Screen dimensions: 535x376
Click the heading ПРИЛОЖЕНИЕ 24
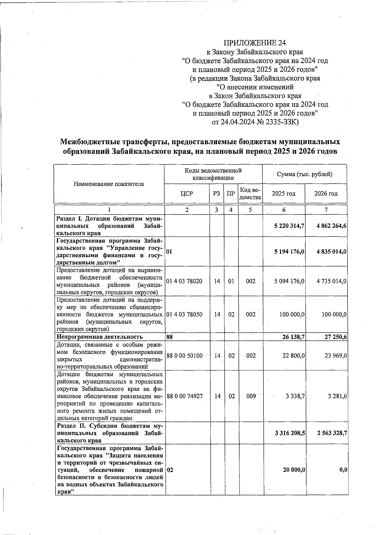pos(255,43)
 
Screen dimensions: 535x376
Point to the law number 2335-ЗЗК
pos(282,122)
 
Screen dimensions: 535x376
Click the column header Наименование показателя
pos(109,184)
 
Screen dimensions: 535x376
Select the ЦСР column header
pos(187,194)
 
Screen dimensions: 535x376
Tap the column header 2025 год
pos(284,194)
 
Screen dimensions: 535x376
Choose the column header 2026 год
pos(326,194)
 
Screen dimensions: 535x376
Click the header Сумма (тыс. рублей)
pos(305,174)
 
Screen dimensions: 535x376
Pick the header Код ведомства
pos(250,194)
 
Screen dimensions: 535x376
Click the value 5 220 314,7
pos(289,226)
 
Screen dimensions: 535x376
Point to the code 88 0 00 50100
pos(185,356)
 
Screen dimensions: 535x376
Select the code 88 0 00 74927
pos(185,396)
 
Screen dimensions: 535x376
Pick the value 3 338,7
pos(295,396)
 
